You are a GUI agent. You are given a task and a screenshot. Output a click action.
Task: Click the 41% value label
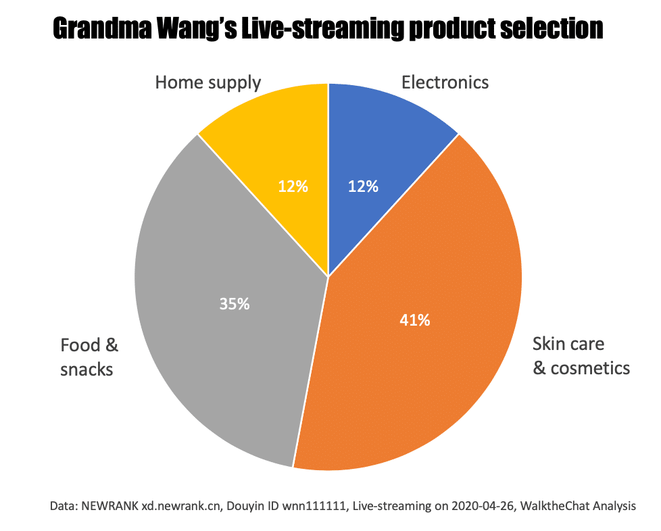click(x=415, y=320)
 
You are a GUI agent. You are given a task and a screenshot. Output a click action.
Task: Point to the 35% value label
click(x=235, y=304)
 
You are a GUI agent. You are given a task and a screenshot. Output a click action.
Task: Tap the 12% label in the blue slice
click(x=363, y=186)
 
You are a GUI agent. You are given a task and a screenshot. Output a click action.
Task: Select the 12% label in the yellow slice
click(x=293, y=186)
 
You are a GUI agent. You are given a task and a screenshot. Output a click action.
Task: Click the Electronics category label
click(x=445, y=82)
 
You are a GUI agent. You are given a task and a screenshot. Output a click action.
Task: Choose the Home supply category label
click(x=208, y=83)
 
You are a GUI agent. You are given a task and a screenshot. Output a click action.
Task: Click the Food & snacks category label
click(x=89, y=357)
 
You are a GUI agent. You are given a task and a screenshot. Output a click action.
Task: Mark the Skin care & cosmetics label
click(x=581, y=356)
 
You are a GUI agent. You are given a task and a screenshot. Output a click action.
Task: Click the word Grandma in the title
click(x=102, y=28)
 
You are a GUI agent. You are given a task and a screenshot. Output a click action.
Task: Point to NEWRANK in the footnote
click(x=109, y=506)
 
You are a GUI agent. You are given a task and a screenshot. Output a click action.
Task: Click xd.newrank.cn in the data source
click(x=181, y=506)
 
